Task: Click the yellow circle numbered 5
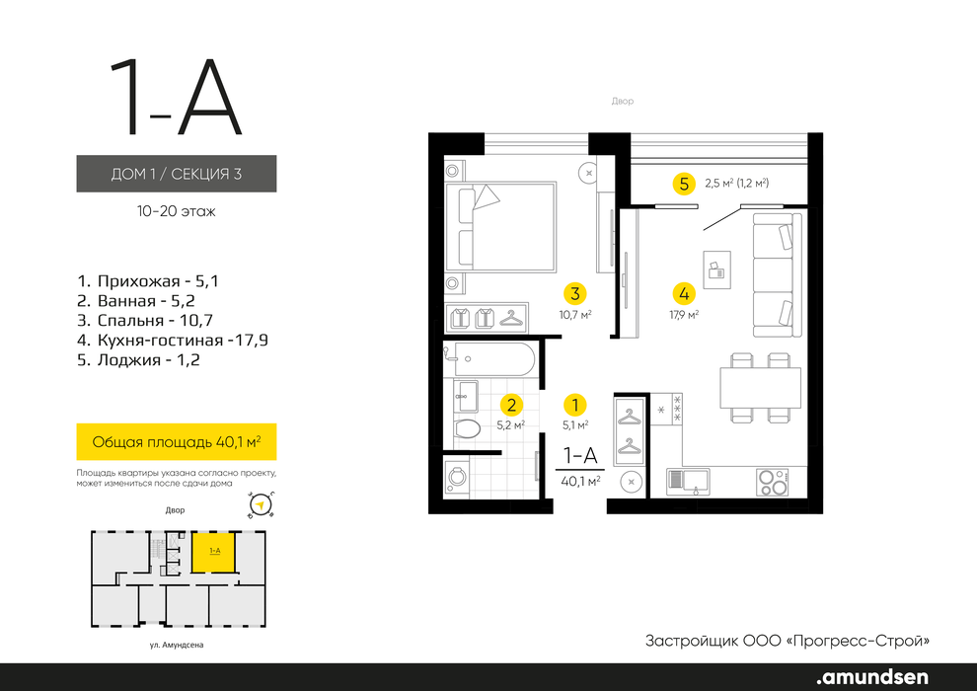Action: [684, 184]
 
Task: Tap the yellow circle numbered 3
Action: [575, 293]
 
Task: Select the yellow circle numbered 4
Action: [684, 293]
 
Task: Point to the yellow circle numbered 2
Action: [511, 405]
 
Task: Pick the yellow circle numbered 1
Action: [575, 405]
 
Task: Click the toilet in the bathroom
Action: [468, 428]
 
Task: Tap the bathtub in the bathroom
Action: [489, 359]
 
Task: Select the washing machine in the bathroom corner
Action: [457, 477]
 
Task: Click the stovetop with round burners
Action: [773, 483]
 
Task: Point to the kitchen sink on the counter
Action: [688, 481]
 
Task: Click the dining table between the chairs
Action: [760, 388]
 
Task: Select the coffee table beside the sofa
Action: [717, 269]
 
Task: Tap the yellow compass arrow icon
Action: [262, 504]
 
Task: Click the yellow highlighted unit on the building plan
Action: [214, 552]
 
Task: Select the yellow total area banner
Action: [177, 442]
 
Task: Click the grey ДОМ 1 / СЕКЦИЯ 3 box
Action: [177, 173]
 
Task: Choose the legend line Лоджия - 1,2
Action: [138, 359]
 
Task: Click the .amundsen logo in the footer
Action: [872, 676]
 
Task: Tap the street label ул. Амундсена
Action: [177, 645]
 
